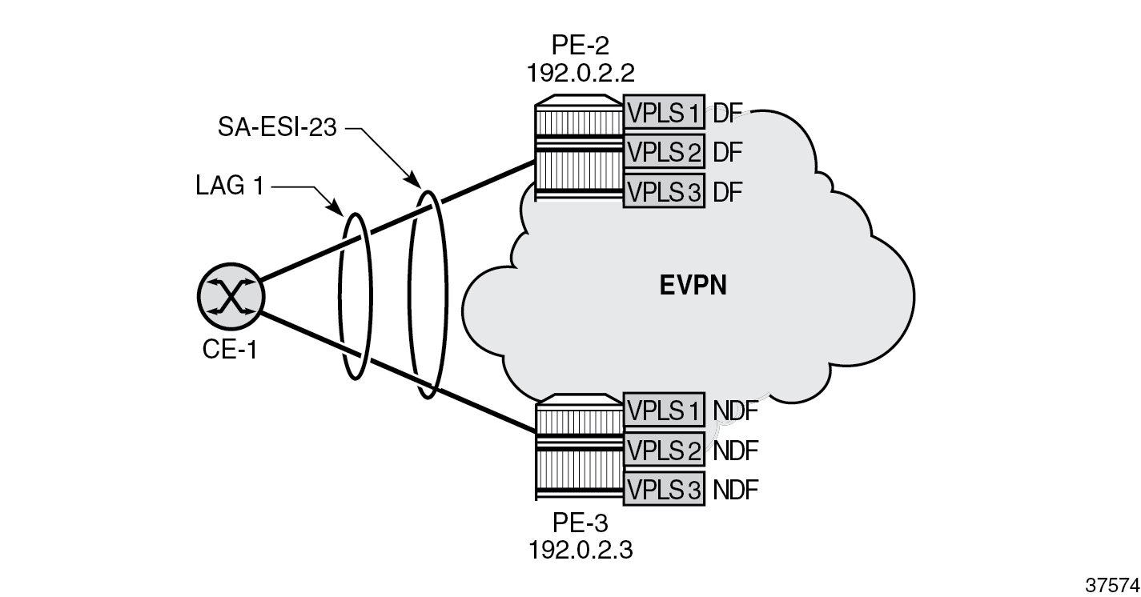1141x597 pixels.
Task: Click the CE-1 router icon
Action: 230,297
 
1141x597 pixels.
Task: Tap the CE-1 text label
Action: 230,350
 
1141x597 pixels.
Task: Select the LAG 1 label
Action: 231,186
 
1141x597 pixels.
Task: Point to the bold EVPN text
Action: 693,286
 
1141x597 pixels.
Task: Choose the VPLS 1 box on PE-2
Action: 664,112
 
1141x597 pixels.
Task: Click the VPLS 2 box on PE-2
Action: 664,150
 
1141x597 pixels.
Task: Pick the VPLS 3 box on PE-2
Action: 664,191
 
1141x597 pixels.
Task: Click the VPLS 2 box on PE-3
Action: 664,449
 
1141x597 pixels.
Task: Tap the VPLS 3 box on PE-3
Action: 664,488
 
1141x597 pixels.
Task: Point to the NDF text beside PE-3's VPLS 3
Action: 735,488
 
